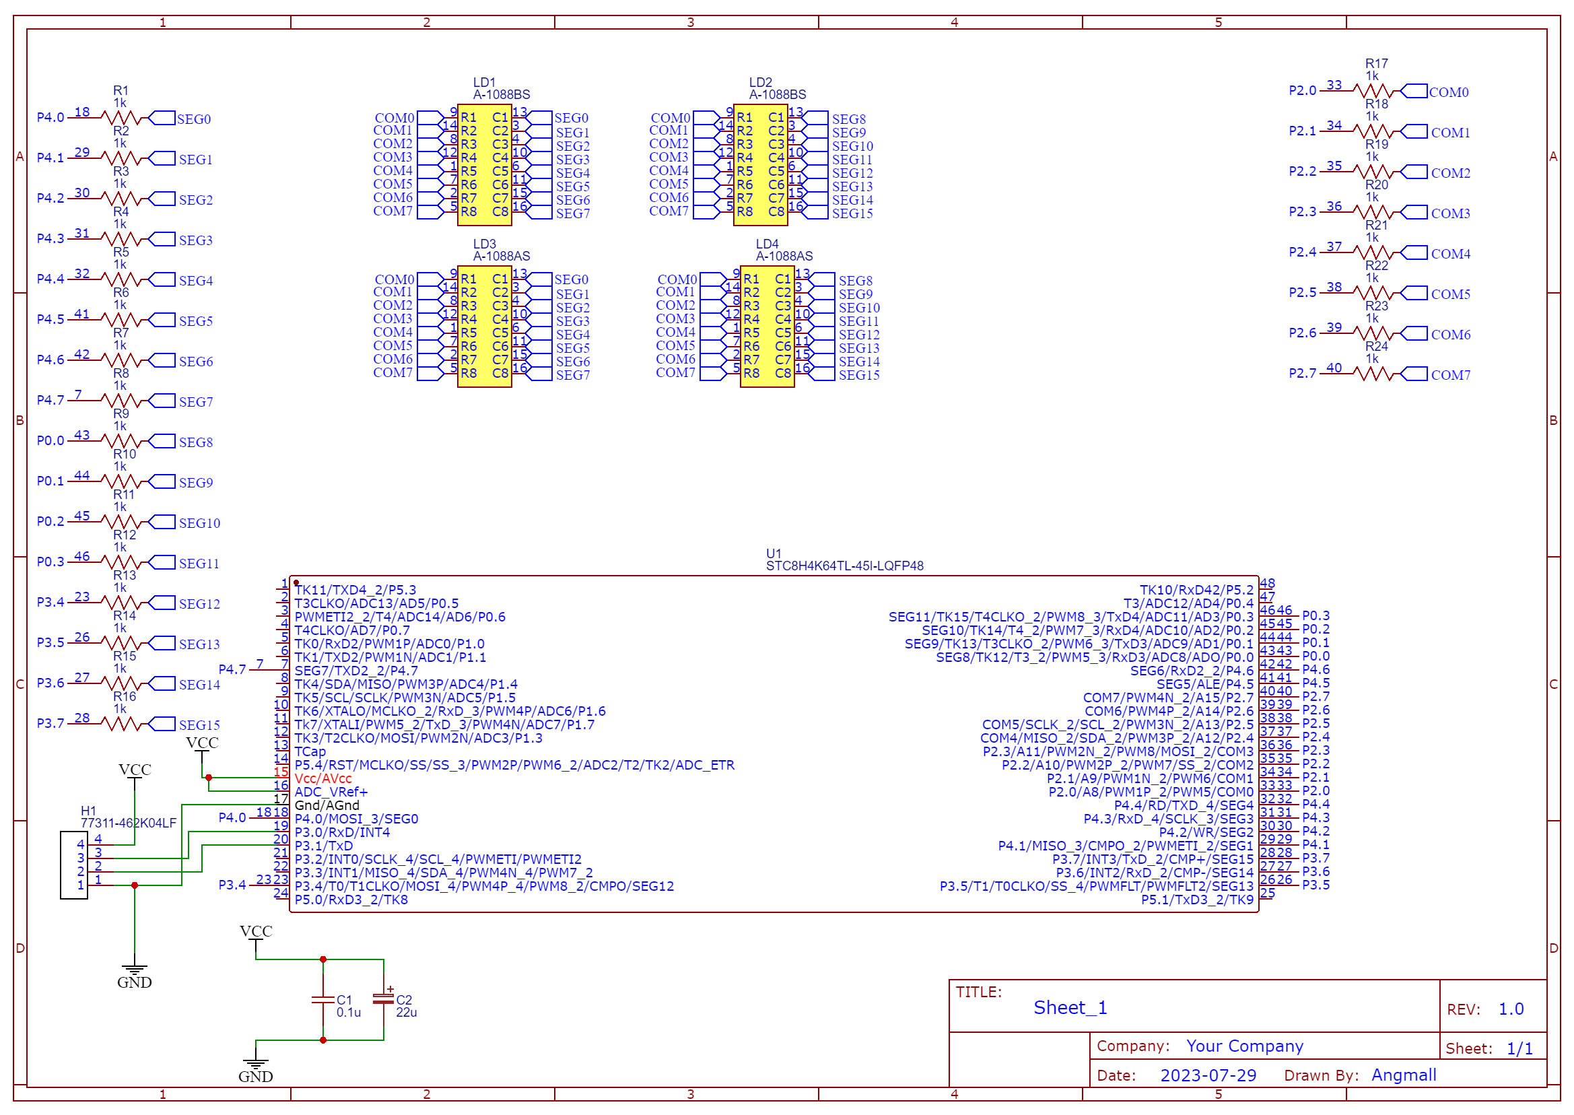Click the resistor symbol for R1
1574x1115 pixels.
[121, 119]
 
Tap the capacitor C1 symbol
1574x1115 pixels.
[322, 1000]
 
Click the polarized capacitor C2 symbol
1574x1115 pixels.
[383, 1000]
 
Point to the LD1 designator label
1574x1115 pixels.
[484, 82]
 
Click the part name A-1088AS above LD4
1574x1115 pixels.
[784, 256]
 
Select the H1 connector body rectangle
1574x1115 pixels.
[73, 865]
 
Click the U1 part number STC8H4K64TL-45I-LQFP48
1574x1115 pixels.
[844, 566]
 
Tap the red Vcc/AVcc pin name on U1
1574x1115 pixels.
[322, 778]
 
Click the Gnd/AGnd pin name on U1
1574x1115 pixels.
[327, 805]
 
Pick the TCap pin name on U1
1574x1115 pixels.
[310, 752]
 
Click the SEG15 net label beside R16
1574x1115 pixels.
[199, 725]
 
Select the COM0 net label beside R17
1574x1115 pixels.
[1448, 93]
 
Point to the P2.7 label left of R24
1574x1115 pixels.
[1302, 374]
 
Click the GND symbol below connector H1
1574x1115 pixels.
[135, 975]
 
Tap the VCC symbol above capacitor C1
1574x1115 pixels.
[256, 933]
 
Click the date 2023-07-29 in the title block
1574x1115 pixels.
[1208, 1075]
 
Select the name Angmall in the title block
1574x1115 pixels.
[1403, 1075]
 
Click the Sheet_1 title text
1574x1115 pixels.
[1070, 1007]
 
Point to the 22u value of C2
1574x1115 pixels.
[406, 1012]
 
